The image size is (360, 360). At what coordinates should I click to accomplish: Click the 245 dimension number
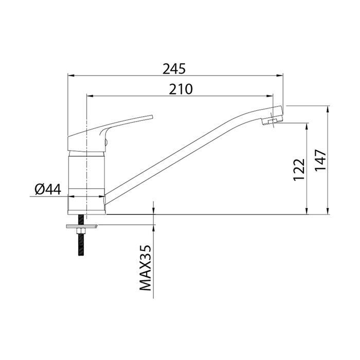pos(174,68)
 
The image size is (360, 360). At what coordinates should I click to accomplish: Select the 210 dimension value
pos(181,89)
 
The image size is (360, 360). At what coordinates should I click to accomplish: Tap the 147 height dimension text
pos(320,160)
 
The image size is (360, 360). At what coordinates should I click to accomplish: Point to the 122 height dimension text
pos(299,170)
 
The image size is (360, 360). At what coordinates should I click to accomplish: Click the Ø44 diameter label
pos(48,190)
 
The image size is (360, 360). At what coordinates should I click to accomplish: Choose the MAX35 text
pos(146,268)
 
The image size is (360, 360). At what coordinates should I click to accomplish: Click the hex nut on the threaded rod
pos(81,231)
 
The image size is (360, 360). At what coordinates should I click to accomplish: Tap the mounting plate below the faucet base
pos(82,226)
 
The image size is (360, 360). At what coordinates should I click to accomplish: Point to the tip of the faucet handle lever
pos(152,117)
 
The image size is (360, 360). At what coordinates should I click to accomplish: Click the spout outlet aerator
pos(272,121)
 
